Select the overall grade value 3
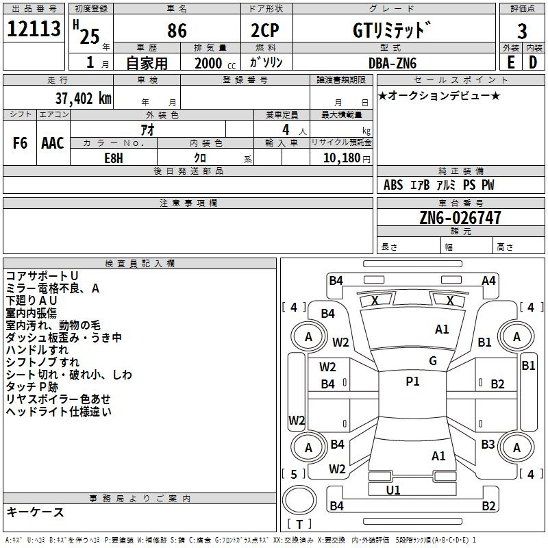click(x=522, y=31)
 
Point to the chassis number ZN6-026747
click(x=460, y=219)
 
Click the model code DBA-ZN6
click(x=393, y=63)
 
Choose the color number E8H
click(x=113, y=157)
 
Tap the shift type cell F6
click(x=20, y=143)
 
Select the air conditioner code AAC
click(x=53, y=143)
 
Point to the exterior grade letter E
click(x=510, y=62)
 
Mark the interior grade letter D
click(x=533, y=62)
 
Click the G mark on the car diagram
click(x=433, y=361)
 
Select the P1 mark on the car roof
click(x=412, y=382)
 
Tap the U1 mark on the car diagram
click(x=393, y=490)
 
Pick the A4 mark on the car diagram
click(x=488, y=280)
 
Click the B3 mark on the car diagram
click(x=487, y=445)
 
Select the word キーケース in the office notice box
click(x=36, y=512)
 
